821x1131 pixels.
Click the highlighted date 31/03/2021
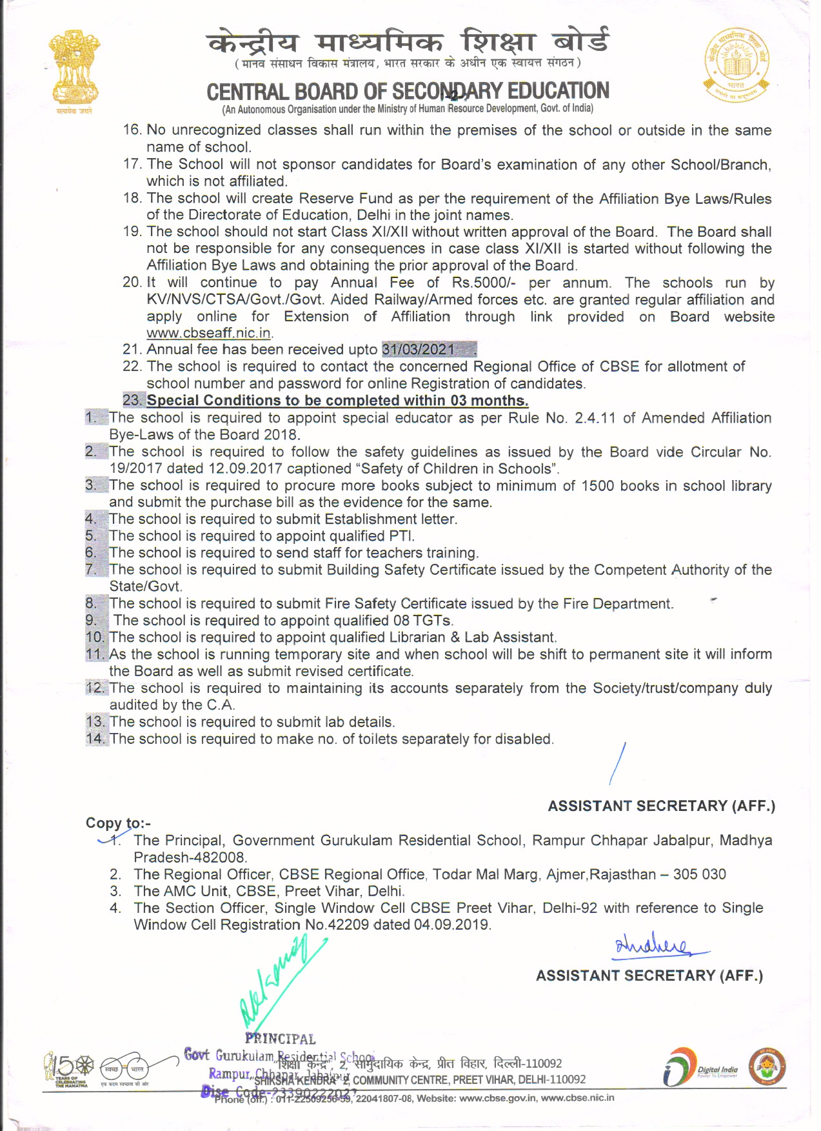point(419,349)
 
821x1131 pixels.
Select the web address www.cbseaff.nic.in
point(208,333)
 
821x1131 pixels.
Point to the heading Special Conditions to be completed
point(337,401)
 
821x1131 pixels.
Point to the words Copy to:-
point(118,823)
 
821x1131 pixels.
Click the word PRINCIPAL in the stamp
point(280,1039)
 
